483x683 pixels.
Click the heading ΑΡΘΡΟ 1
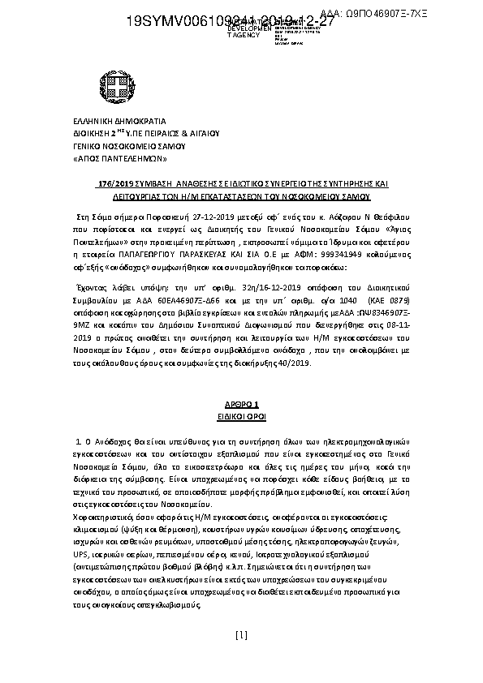pos(241,402)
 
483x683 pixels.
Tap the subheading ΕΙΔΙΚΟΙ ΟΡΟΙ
pos(241,414)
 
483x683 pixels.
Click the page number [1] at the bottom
pos(240,657)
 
